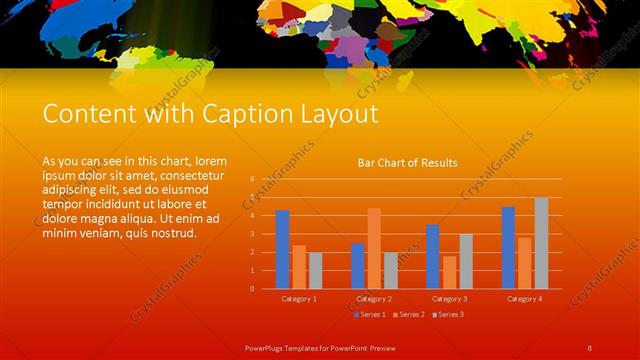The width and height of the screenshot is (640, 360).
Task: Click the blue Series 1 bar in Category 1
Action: click(283, 249)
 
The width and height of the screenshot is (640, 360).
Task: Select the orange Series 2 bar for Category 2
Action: click(374, 248)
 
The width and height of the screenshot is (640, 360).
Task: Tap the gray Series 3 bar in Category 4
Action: click(541, 243)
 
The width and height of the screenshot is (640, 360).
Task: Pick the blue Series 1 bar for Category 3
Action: click(433, 256)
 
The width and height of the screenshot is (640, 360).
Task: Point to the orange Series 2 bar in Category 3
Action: click(449, 272)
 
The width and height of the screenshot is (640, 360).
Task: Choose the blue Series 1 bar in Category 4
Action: click(508, 247)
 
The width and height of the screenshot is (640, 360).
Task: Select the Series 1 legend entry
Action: click(372, 314)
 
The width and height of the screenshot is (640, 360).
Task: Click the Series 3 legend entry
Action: click(447, 314)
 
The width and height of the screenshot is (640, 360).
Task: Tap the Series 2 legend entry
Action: click(410, 314)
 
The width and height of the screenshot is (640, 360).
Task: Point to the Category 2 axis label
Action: click(374, 298)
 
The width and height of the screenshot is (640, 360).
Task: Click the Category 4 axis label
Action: click(524, 298)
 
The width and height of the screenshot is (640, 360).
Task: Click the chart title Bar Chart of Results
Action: click(408, 162)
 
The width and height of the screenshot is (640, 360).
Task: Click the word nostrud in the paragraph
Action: click(172, 233)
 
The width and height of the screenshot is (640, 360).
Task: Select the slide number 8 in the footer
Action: click(590, 347)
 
